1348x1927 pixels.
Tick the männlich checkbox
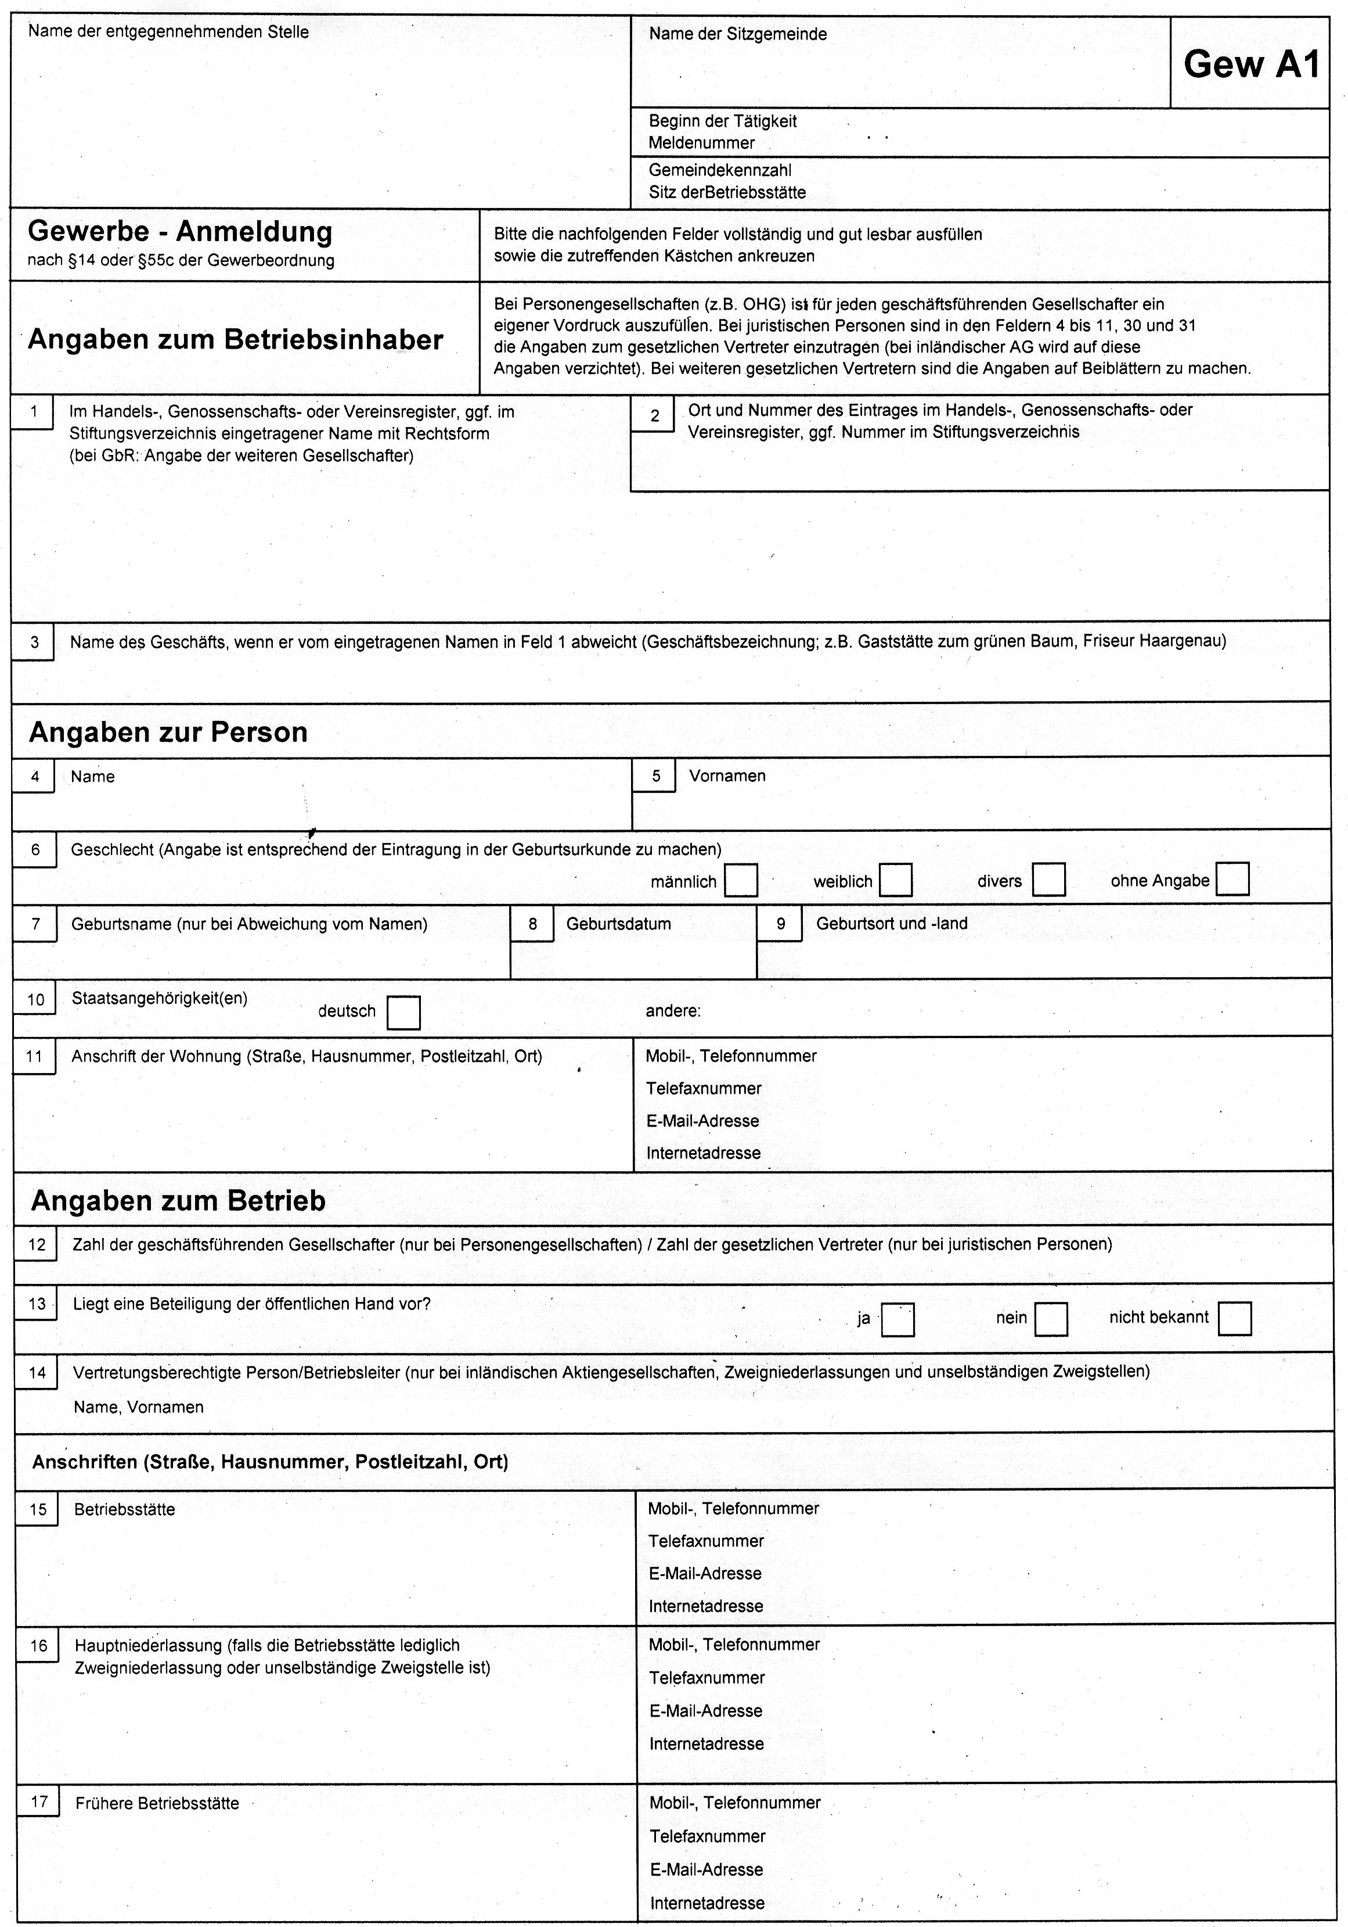tap(741, 880)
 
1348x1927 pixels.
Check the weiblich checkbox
tap(896, 880)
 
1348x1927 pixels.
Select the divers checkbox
tap(1048, 880)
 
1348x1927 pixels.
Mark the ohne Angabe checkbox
tap(1232, 879)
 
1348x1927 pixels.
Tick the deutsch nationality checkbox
tap(403, 1012)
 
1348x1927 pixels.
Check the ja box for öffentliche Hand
tap(898, 1319)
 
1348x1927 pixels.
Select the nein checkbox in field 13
tap(1051, 1319)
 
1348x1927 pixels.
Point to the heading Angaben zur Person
tap(168, 732)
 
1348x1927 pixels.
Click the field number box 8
tap(533, 925)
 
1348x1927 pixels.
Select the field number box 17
tap(38, 1803)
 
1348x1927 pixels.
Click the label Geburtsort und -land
tap(892, 924)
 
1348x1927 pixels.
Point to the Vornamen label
tap(727, 776)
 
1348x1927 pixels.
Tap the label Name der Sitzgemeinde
tap(737, 34)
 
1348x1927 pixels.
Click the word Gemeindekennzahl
tap(720, 170)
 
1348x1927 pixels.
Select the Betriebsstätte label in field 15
tap(124, 1510)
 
